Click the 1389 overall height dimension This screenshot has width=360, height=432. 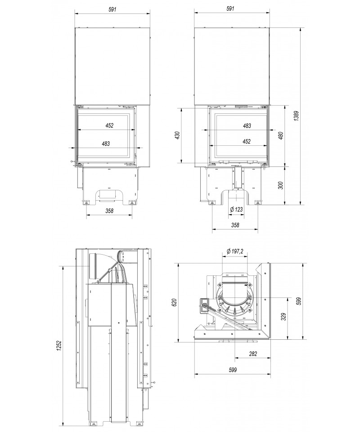296,116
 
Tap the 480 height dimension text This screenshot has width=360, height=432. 281,135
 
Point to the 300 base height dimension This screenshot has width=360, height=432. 281,185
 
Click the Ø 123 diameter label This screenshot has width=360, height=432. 236,209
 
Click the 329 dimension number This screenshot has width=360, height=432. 284,317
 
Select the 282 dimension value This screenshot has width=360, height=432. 252,354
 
